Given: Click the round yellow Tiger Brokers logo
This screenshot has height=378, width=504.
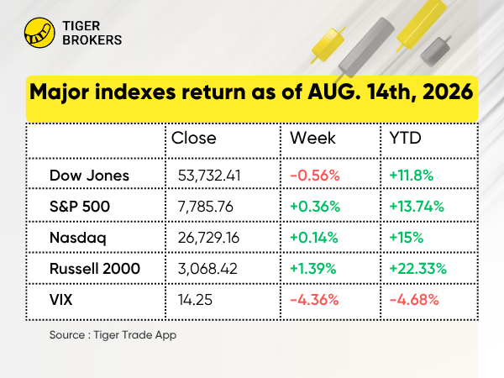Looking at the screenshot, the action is point(39,33).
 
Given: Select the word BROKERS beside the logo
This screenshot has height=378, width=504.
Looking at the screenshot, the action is point(92,40).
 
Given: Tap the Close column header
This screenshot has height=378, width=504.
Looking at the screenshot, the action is point(194,139).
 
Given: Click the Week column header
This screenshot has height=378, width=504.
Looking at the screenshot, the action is point(312,139).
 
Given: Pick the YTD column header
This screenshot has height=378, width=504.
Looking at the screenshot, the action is point(405,139).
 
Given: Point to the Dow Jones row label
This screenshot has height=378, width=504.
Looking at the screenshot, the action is point(89,176).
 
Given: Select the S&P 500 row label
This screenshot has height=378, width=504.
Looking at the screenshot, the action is point(80,207).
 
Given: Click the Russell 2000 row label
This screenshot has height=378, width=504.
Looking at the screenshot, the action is point(95,269).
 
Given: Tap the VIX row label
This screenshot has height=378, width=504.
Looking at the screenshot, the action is point(61,300).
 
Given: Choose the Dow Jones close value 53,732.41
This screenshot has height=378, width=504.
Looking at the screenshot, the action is point(209,176).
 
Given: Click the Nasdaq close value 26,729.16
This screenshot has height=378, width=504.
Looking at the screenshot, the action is point(208,238).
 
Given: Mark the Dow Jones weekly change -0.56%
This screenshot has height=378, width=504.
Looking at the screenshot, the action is point(315,176).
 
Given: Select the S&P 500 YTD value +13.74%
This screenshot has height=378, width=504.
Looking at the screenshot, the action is point(417,207).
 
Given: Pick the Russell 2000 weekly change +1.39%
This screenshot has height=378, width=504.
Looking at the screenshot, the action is point(313,269).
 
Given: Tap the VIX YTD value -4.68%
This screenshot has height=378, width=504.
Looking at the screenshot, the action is point(414,300).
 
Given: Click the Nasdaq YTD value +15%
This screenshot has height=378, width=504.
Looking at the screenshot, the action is point(407,238).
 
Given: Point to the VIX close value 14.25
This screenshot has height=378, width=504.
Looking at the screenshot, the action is point(196,300).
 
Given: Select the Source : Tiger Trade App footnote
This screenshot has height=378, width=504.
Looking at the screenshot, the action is point(113,335).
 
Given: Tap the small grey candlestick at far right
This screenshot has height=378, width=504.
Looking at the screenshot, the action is point(435,50).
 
